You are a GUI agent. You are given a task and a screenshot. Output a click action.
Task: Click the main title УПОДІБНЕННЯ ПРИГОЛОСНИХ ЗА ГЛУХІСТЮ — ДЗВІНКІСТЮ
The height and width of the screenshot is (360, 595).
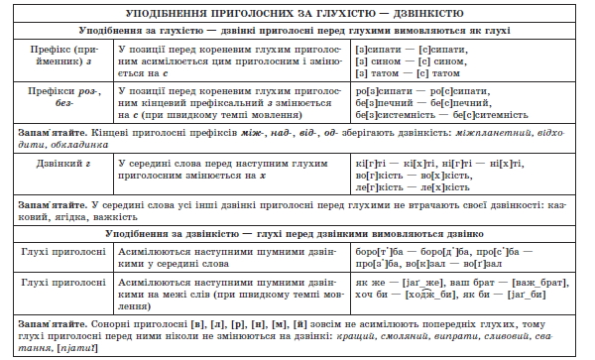(x=297, y=13)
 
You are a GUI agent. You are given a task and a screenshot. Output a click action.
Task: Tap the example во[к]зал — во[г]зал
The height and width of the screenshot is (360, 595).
(x=462, y=266)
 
